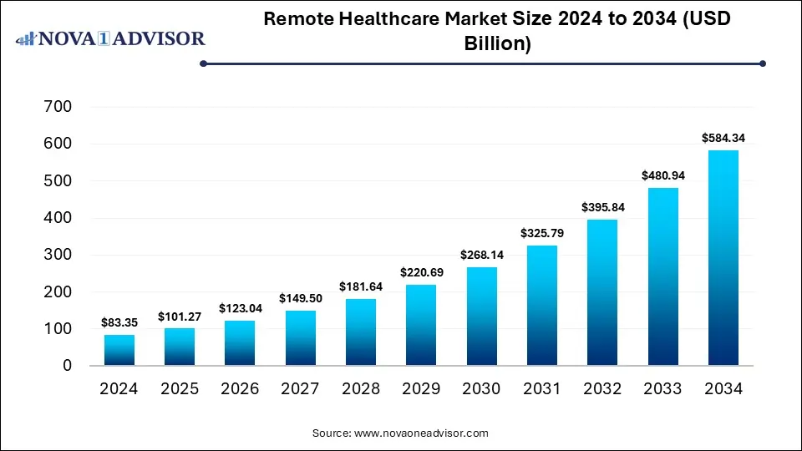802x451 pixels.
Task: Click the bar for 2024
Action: point(119,350)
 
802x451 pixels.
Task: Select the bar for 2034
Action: point(723,258)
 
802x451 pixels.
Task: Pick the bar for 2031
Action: point(542,306)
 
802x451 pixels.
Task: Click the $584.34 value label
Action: point(723,138)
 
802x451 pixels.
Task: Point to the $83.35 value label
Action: point(119,322)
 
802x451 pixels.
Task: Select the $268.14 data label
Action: point(481,255)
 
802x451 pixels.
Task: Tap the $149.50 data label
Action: point(301,298)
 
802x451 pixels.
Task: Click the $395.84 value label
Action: point(602,207)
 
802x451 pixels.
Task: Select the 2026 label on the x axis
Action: point(240,388)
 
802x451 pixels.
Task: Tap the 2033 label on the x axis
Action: point(662,388)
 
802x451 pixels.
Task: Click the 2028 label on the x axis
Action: point(361,388)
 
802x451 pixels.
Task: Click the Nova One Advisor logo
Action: point(110,38)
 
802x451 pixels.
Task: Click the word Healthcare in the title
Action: point(397,20)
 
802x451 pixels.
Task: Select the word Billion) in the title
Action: point(498,44)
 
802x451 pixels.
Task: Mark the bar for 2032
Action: point(602,292)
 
